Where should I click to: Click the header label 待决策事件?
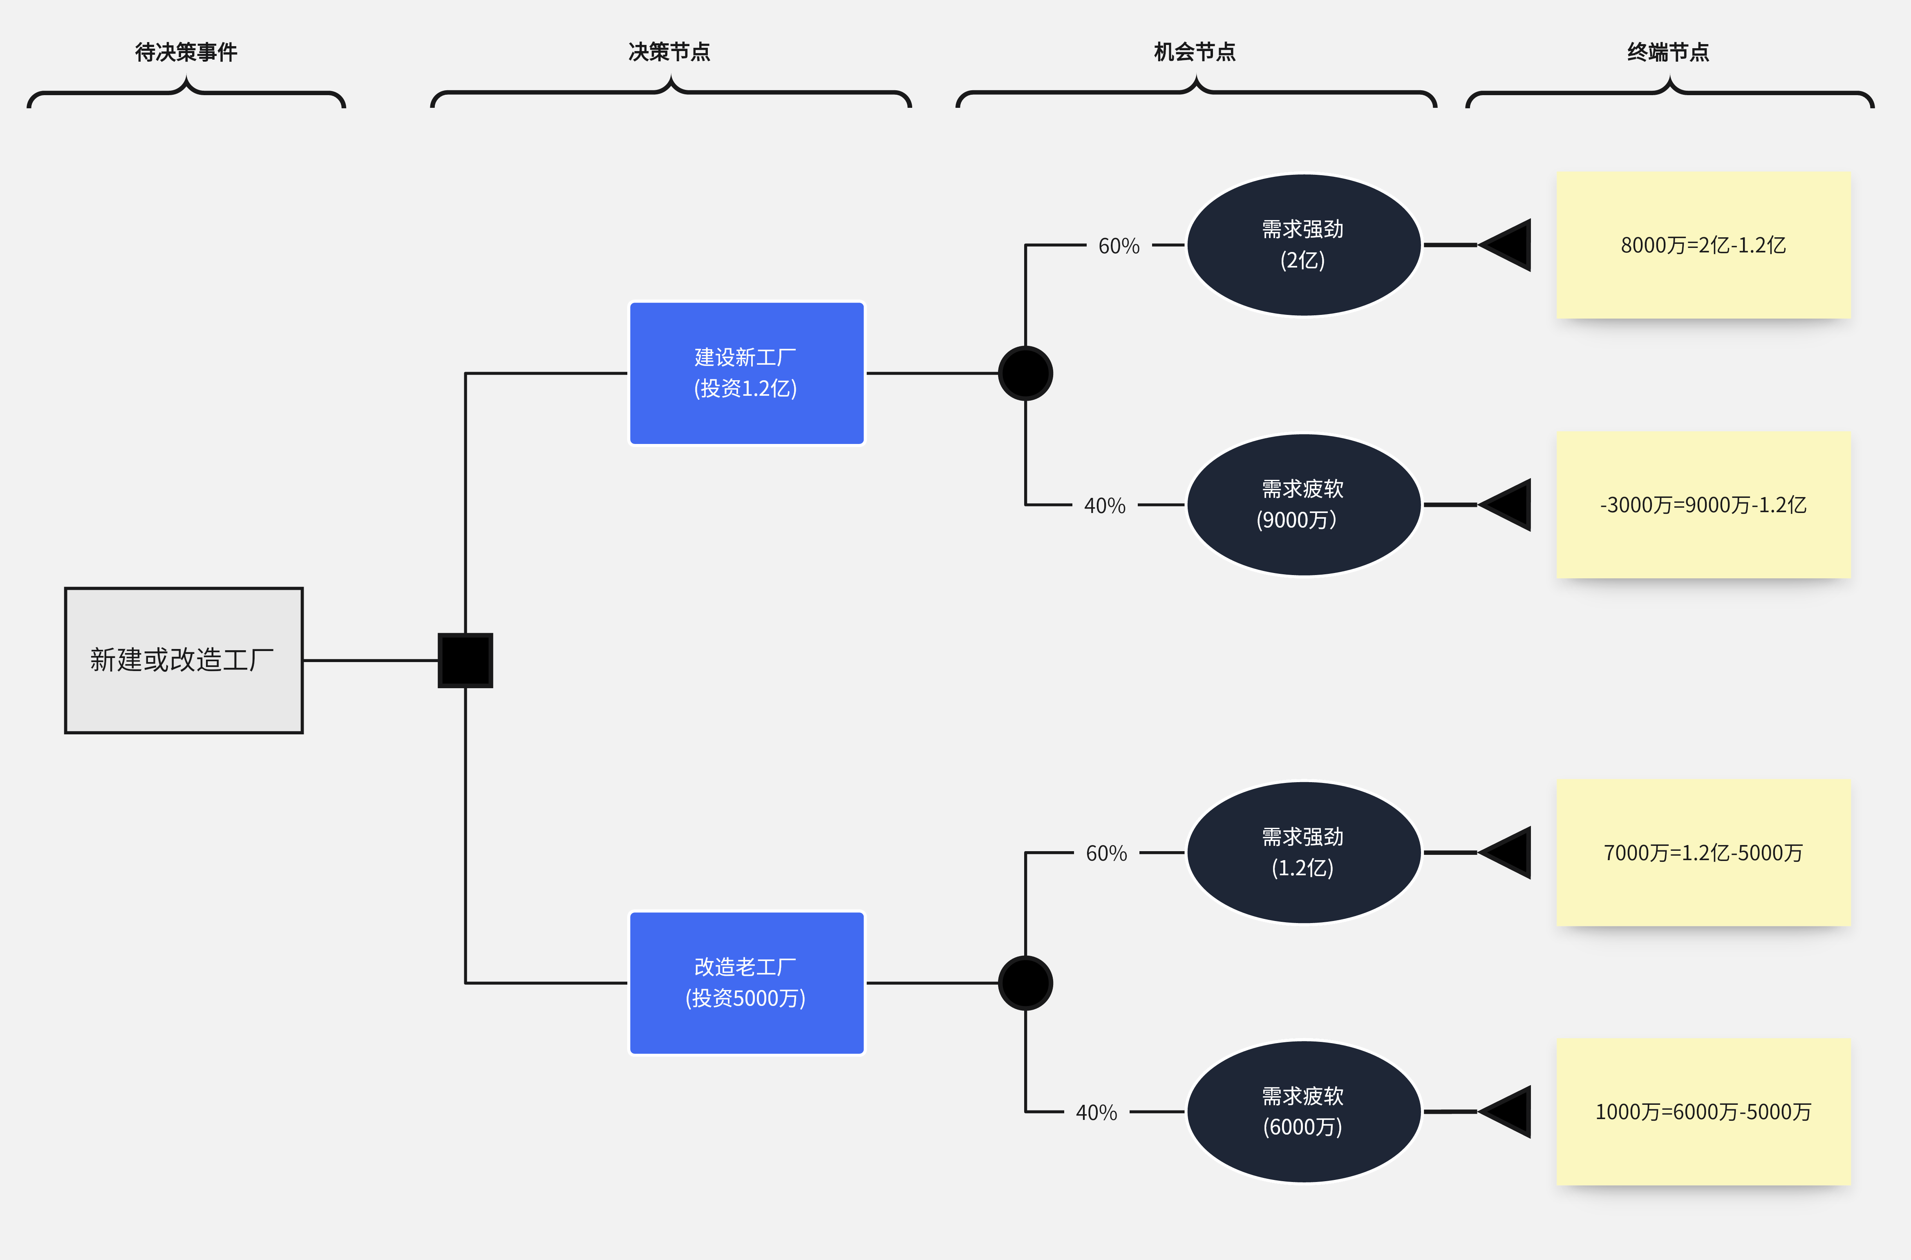186,52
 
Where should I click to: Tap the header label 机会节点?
1195,52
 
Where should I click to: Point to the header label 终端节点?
1668,52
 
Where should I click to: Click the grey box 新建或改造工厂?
183,660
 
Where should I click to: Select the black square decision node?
465,660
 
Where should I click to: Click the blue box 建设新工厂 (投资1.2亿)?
746,373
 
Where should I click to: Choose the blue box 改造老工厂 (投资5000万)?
746,982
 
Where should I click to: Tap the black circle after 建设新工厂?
1025,373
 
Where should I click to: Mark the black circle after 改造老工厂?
1025,982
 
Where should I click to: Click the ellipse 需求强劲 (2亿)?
1303,244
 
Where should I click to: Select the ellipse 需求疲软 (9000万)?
1303,505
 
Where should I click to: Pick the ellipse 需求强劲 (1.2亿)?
1303,852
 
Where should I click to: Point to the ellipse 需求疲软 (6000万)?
1303,1111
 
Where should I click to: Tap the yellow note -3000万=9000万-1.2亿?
1703,505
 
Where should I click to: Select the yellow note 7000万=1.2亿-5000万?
1703,852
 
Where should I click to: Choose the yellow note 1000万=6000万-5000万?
1703,1111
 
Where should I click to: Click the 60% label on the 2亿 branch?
1118,246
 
